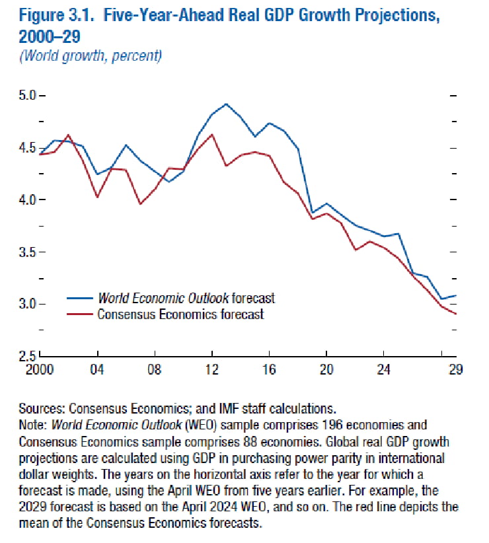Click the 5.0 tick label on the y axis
(27, 95)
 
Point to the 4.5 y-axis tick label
(27, 148)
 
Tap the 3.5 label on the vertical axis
(27, 252)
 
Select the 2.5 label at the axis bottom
(27, 356)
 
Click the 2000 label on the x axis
(40, 369)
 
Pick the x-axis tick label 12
(212, 369)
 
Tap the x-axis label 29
(456, 369)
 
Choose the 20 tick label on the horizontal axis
(326, 369)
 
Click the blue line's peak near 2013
(226, 104)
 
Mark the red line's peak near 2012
(212, 134)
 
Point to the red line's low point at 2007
(140, 204)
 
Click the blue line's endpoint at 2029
(456, 296)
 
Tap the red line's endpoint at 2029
(456, 314)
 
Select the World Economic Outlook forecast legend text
(186, 298)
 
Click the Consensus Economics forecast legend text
(181, 314)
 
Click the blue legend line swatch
(80, 298)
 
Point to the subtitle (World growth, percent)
(91, 55)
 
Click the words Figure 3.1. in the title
(57, 16)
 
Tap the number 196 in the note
(333, 425)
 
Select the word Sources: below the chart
(42, 409)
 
